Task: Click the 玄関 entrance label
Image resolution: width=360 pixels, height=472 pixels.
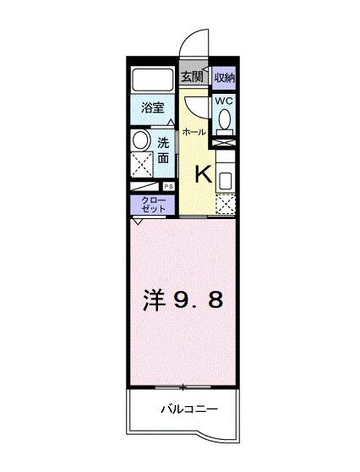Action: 191,77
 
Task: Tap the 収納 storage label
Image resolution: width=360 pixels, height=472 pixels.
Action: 223,77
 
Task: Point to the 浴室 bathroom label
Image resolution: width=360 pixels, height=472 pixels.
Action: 152,108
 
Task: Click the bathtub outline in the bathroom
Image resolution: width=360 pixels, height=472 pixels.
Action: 152,81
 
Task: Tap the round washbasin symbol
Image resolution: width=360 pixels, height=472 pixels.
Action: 141,140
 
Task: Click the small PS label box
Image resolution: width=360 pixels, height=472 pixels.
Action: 168,186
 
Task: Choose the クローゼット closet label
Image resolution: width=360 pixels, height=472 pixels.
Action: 153,204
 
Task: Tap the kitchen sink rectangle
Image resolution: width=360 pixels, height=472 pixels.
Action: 225,179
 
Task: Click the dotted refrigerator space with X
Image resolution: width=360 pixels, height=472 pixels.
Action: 225,204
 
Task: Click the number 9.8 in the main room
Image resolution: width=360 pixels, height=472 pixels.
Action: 199,300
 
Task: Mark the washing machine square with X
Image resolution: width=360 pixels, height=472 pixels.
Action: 142,165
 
